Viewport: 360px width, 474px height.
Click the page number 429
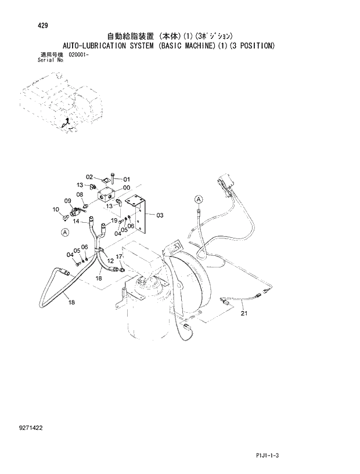pyautogui.click(x=28, y=26)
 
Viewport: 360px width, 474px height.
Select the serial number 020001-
pyautogui.click(x=78, y=55)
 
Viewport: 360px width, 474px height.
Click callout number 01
pyautogui.click(x=127, y=179)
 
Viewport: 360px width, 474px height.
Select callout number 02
pyautogui.click(x=89, y=177)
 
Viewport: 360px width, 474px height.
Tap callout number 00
pyautogui.click(x=127, y=188)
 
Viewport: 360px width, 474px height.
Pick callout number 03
pyautogui.click(x=160, y=215)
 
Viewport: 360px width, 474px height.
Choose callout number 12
pyautogui.click(x=110, y=261)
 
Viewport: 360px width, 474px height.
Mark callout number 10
pyautogui.click(x=56, y=209)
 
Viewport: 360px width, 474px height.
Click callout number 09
pyautogui.click(x=68, y=201)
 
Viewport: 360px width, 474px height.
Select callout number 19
pyautogui.click(x=114, y=221)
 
